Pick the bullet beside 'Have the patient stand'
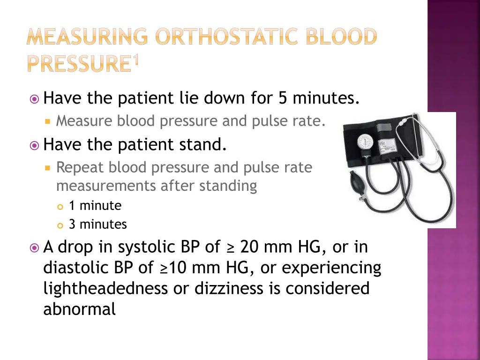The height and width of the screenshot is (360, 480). pyautogui.click(x=34, y=145)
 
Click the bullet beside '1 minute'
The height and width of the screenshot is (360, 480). pyautogui.click(x=60, y=206)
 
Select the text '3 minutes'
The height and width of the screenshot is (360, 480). pyautogui.click(x=97, y=225)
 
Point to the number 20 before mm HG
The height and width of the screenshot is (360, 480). pyautogui.click(x=249, y=247)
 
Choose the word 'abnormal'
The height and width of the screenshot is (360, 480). pyautogui.click(x=79, y=309)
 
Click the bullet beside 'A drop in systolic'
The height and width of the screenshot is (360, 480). pyautogui.click(x=34, y=247)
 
